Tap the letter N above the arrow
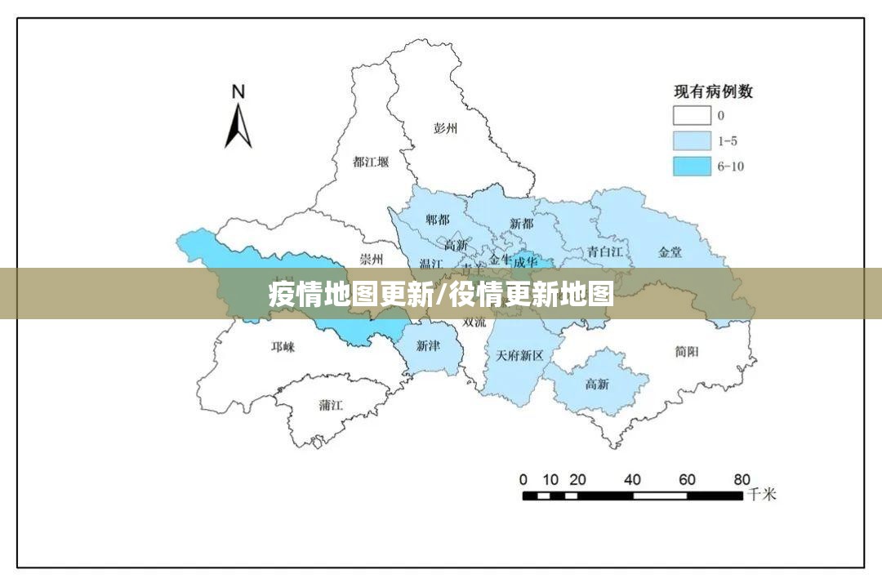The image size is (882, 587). point(238,91)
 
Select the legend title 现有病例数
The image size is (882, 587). point(712,91)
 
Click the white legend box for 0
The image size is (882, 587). point(691,115)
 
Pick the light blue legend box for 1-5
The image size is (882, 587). point(691,140)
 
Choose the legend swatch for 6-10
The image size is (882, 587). point(691,166)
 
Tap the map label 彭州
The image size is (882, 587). point(446,128)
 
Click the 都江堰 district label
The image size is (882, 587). point(371,162)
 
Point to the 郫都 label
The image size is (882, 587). point(438,220)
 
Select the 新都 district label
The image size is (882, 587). point(521,223)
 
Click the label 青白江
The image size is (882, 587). point(604,251)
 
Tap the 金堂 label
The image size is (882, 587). point(670,252)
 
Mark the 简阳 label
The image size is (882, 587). point(687,351)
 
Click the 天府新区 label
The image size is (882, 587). point(519,356)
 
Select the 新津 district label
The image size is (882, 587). point(428,346)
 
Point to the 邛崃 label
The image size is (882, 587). point(283,347)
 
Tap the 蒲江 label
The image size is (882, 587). point(331,405)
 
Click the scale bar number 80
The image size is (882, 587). point(742,479)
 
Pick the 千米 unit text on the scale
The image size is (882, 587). point(762,494)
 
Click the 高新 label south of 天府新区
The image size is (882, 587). point(597,384)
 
